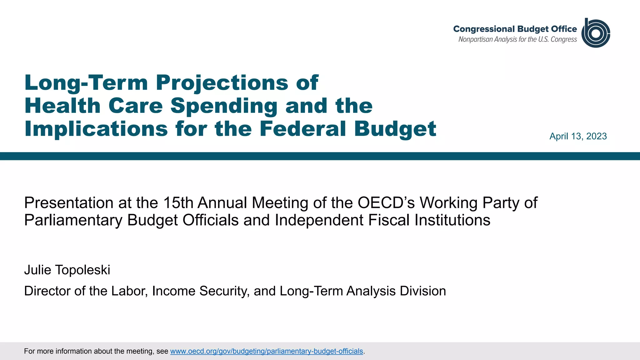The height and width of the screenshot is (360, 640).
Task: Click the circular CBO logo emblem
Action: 596,33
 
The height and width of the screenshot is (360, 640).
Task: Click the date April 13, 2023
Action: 578,136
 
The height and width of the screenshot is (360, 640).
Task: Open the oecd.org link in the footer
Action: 267,351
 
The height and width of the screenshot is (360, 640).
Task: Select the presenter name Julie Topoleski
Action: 67,270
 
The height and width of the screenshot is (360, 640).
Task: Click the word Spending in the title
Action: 224,106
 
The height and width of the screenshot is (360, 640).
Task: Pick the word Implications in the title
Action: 96,129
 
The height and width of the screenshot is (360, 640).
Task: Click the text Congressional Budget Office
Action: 515,29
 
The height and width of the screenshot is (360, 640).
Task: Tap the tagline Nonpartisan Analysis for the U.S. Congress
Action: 517,39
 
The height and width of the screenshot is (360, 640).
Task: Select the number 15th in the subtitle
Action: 178,203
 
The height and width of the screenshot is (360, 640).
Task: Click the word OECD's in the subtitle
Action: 386,203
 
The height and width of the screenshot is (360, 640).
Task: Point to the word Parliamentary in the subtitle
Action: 73,220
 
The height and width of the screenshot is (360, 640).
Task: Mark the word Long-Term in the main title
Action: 86,83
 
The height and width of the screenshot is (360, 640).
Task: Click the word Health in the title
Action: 62,106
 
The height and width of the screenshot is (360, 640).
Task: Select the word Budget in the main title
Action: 395,129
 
